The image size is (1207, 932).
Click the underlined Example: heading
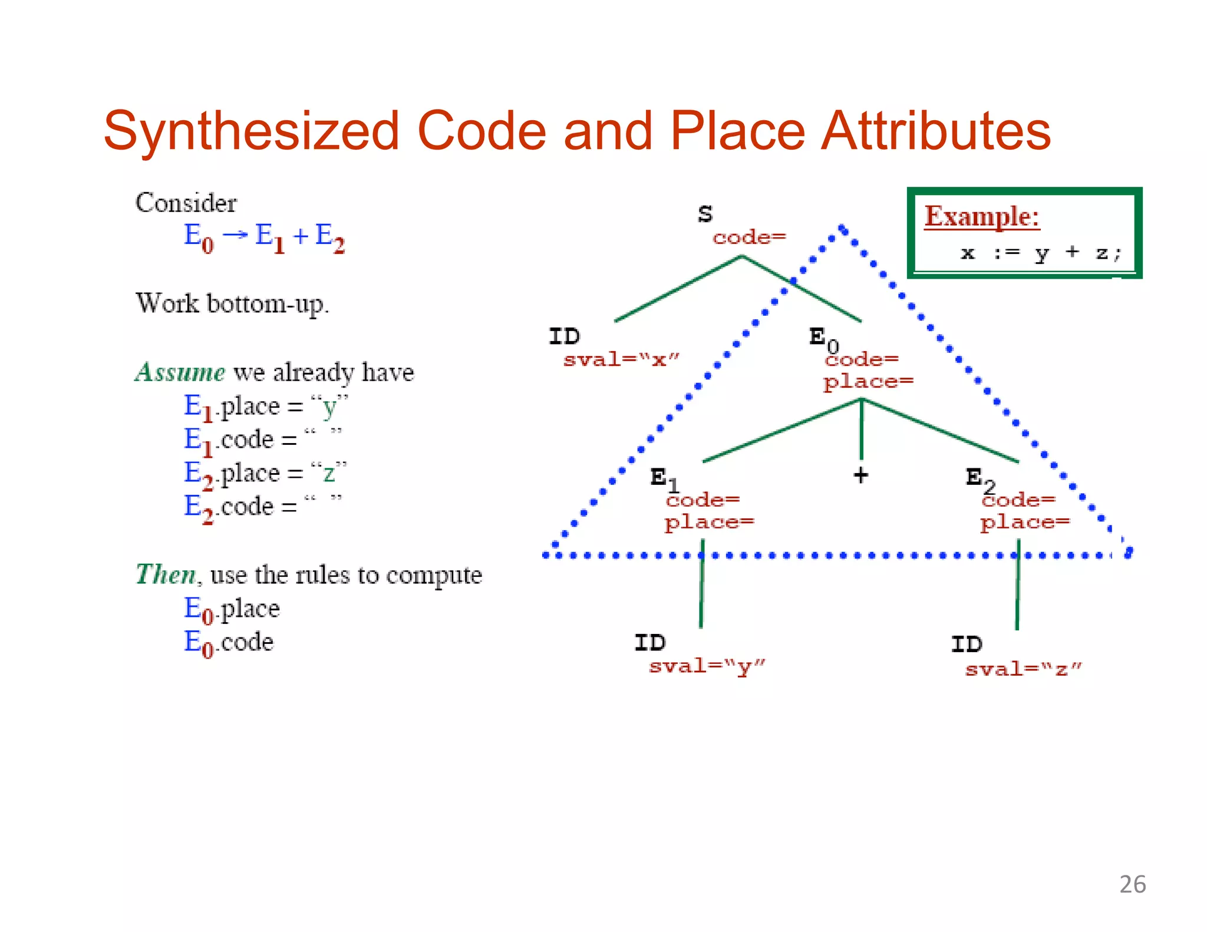(981, 216)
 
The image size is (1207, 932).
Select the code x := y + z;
(1041, 253)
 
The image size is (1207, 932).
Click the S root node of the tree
(705, 214)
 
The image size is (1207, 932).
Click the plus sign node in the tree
(861, 475)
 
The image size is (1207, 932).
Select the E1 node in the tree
(664, 478)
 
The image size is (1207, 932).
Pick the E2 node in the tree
(979, 478)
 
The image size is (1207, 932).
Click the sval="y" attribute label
(707, 666)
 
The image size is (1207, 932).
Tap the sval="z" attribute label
(1023, 669)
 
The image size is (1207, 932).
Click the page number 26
(1132, 884)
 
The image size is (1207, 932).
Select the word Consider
(186, 203)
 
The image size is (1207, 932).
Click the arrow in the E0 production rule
(235, 235)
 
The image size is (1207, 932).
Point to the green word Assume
(180, 372)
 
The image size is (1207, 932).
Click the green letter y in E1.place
(329, 406)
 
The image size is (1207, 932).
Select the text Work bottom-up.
(232, 304)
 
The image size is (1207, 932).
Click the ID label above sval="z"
(967, 644)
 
